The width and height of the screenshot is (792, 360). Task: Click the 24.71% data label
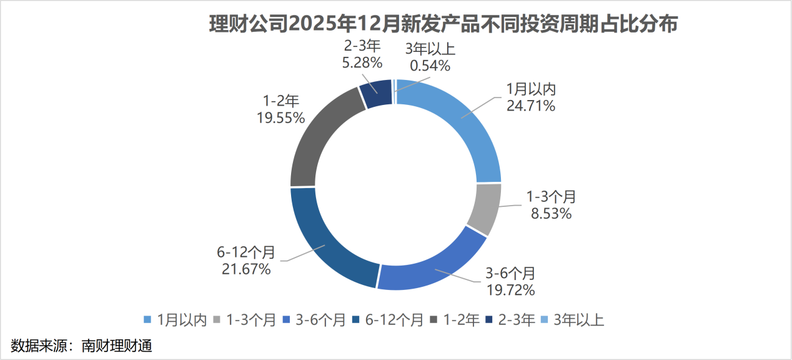(x=530, y=106)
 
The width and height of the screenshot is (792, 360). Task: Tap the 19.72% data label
(x=511, y=289)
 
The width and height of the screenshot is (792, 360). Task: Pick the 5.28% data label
(x=362, y=62)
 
